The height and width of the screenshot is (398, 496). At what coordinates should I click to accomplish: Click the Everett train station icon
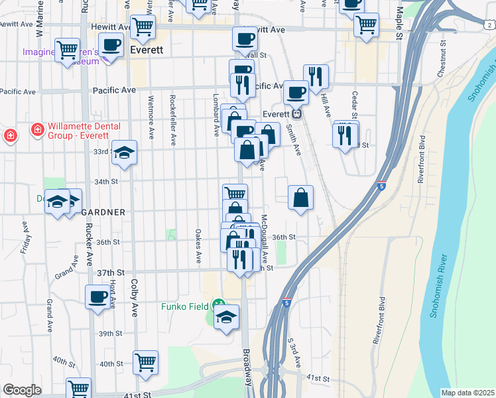click(298, 113)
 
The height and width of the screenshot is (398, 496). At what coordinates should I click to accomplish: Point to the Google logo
click(22, 390)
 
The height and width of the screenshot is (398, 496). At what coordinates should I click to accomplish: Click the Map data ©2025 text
click(467, 393)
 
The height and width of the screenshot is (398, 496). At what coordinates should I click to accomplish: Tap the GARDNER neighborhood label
click(103, 212)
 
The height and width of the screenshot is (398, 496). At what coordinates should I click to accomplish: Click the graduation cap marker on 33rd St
click(124, 153)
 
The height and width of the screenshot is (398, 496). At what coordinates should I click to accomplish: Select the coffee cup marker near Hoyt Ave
click(98, 297)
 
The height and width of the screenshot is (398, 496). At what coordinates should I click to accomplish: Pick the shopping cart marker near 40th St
click(145, 362)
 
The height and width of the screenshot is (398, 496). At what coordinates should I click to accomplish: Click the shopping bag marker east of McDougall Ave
click(300, 197)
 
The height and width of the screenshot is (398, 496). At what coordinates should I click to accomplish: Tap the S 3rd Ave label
click(294, 356)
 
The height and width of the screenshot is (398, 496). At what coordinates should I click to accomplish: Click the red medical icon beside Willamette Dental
click(11, 137)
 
